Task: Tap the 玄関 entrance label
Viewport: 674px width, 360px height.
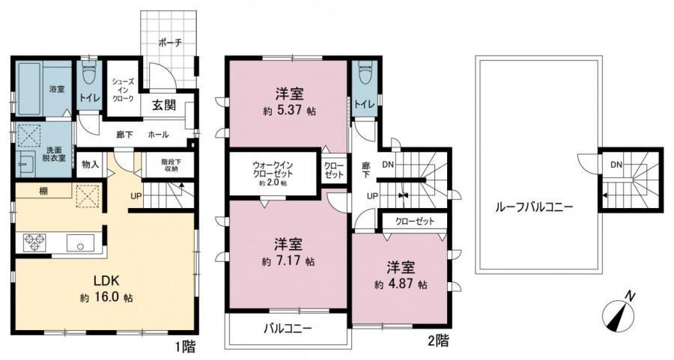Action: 164,106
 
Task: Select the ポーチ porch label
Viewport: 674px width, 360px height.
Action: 170,43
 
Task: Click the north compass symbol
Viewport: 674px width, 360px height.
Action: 618,313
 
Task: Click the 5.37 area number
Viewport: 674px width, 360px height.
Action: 292,111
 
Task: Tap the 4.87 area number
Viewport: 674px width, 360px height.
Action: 403,284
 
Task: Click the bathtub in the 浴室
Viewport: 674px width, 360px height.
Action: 29,89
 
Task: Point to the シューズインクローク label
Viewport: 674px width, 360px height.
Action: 123,90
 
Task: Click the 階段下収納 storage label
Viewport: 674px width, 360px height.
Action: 171,165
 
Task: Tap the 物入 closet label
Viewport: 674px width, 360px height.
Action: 91,164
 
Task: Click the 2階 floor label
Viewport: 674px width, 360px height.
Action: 438,341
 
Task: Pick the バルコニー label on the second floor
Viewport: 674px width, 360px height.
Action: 288,329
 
